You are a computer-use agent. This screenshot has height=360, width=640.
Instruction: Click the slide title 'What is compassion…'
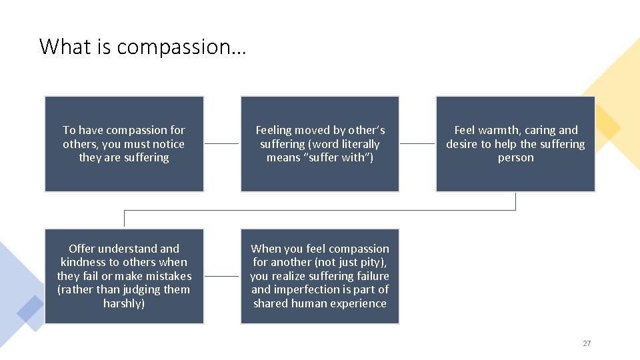point(142,47)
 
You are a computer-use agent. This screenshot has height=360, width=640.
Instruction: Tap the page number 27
point(587,343)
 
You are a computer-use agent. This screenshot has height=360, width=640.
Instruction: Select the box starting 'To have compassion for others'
point(124,144)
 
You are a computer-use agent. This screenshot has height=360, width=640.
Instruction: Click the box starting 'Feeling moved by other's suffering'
point(320,144)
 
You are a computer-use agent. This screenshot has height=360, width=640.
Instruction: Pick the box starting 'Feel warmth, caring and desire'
point(515,144)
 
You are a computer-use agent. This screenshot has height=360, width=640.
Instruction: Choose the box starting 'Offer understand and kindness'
point(124,276)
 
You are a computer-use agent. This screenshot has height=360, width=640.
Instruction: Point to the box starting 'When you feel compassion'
point(320,276)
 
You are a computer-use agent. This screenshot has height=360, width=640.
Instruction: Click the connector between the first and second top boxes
point(221,143)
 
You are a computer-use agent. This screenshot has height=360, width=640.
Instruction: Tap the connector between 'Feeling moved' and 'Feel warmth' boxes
point(417,143)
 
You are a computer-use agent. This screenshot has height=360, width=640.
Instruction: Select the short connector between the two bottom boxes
point(221,276)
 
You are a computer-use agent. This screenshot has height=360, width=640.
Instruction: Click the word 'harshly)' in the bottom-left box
point(124,303)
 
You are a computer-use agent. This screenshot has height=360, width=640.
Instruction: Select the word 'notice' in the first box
point(169,144)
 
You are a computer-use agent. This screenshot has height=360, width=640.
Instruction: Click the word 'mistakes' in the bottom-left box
point(169,276)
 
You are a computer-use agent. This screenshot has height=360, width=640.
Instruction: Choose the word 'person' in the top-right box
point(515,158)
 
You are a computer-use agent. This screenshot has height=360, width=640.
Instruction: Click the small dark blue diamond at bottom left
point(31,308)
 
